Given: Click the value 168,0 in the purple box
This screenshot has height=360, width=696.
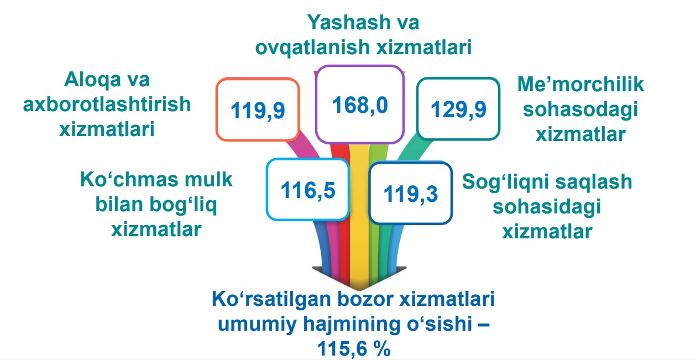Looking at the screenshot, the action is pyautogui.click(x=360, y=105).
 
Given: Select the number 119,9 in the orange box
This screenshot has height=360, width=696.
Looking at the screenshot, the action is pyautogui.click(x=258, y=111).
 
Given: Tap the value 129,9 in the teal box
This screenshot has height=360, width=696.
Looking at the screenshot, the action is pyautogui.click(x=458, y=109).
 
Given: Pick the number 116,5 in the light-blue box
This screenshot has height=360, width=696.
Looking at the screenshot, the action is pyautogui.click(x=308, y=190).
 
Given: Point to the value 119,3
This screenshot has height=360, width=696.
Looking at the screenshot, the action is pyautogui.click(x=410, y=194).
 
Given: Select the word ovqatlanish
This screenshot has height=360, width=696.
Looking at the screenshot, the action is pyautogui.click(x=312, y=48).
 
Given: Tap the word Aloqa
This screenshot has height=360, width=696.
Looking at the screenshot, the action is pyautogui.click(x=92, y=80).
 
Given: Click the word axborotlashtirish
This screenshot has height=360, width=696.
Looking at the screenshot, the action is pyautogui.click(x=107, y=104).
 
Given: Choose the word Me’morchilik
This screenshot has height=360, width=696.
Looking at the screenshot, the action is pyautogui.click(x=580, y=84).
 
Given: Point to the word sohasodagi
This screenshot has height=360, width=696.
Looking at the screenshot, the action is pyautogui.click(x=580, y=109).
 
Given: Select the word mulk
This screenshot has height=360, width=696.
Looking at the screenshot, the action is pyautogui.click(x=208, y=179).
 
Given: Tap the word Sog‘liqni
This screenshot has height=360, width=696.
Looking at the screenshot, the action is pyautogui.click(x=505, y=182).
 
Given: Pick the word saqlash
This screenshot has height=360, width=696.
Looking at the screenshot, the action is pyautogui.click(x=594, y=182).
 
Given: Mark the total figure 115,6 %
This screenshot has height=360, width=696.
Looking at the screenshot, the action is pyautogui.click(x=354, y=349).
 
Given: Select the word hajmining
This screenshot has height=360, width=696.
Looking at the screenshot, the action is pyautogui.click(x=352, y=324).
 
